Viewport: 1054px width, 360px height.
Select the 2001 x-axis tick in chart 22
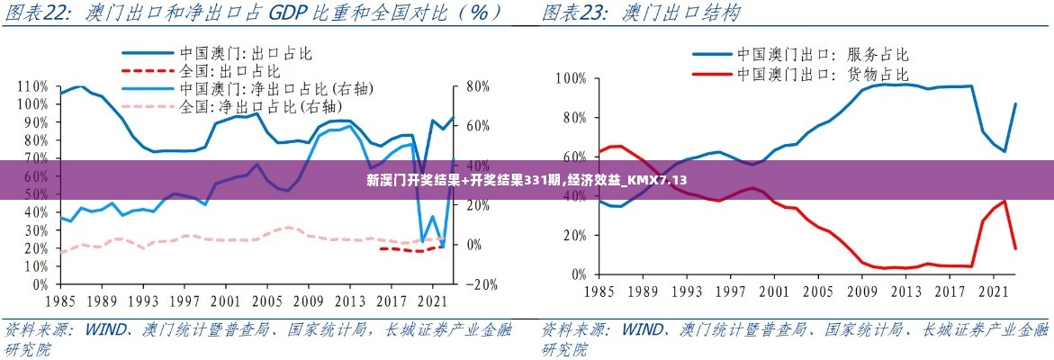point(226,301)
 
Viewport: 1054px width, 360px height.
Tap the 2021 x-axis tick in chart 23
point(993,292)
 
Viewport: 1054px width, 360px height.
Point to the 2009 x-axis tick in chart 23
point(862,292)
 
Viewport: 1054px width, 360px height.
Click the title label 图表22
point(39,13)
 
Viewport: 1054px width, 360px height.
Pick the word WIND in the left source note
point(105,329)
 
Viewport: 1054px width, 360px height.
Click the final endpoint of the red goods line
point(1015,248)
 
